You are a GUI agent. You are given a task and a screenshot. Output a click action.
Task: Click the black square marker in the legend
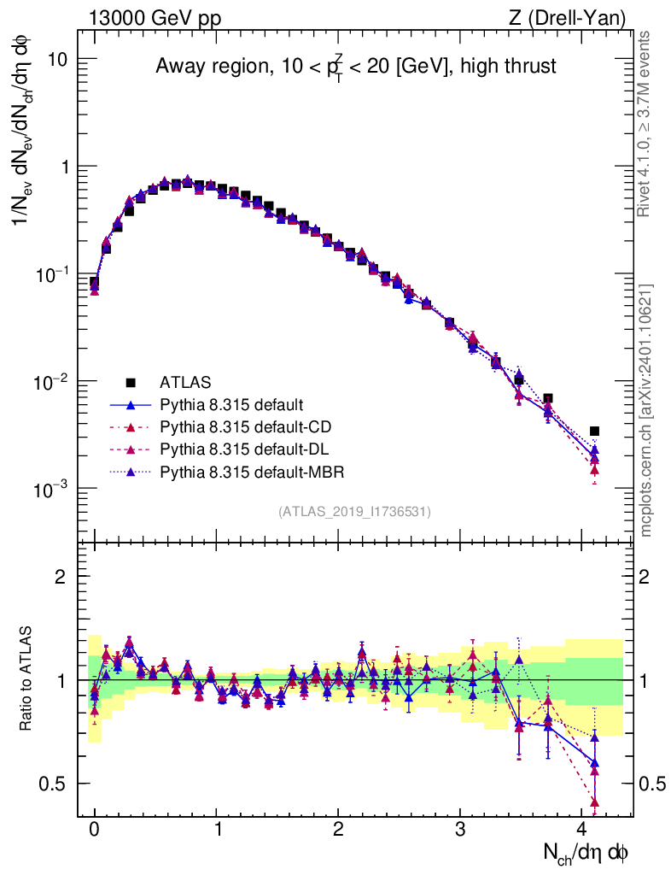coord(131,381)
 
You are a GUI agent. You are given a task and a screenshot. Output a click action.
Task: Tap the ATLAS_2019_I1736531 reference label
coord(354,512)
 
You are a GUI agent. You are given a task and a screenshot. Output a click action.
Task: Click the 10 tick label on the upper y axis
coord(58,59)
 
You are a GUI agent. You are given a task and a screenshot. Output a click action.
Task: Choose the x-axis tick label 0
coord(95,829)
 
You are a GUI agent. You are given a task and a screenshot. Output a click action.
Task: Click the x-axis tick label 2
coord(339,829)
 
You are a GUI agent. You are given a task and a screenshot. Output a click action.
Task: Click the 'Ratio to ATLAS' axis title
coord(28,679)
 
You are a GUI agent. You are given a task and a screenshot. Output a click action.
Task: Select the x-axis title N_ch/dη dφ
coord(587,852)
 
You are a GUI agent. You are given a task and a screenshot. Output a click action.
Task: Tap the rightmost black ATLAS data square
coord(594,432)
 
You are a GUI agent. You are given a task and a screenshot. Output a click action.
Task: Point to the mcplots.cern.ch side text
coord(646,410)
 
